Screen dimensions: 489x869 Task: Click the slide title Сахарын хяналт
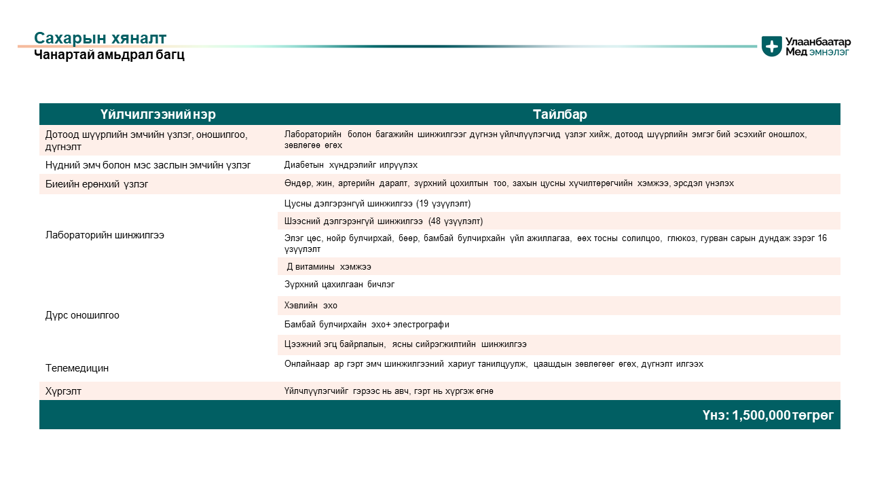point(100,38)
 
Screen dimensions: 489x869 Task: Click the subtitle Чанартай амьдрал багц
point(109,55)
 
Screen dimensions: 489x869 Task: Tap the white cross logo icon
point(772,46)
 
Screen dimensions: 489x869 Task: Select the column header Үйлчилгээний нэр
point(158,114)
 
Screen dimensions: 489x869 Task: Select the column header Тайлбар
point(559,114)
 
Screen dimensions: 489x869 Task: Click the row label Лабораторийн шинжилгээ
point(105,235)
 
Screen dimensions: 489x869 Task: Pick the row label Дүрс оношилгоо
point(82,315)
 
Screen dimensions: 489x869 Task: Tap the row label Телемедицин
point(77,368)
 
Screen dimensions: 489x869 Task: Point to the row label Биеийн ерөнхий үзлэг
point(96,183)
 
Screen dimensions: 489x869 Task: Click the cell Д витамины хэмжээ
point(329,267)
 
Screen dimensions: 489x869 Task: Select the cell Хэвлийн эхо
point(311,306)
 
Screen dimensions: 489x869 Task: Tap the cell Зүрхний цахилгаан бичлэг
point(339,285)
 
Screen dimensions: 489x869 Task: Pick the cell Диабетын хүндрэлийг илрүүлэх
point(351,165)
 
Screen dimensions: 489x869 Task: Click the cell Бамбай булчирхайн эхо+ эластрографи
point(367,325)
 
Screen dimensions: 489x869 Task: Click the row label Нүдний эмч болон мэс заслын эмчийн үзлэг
point(148,165)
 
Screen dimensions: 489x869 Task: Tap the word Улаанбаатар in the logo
point(818,41)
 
